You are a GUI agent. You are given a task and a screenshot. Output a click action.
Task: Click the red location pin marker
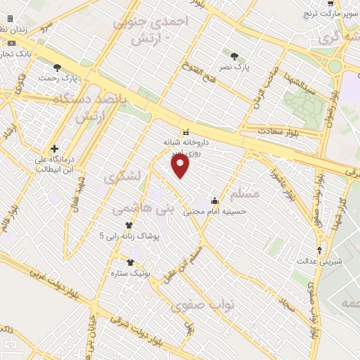[x=181, y=165]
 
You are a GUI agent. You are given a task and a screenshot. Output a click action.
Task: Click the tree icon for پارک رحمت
[x=57, y=68]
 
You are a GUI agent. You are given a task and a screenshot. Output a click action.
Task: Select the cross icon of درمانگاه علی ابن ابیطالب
[x=54, y=148]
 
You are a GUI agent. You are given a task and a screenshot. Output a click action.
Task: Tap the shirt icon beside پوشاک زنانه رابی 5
[x=129, y=225]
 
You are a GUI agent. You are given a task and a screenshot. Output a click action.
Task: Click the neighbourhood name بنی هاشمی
[x=152, y=209]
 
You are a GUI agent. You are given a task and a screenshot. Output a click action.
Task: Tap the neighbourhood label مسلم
[x=245, y=193]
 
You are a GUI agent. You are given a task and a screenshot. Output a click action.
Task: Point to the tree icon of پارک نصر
[x=234, y=55]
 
